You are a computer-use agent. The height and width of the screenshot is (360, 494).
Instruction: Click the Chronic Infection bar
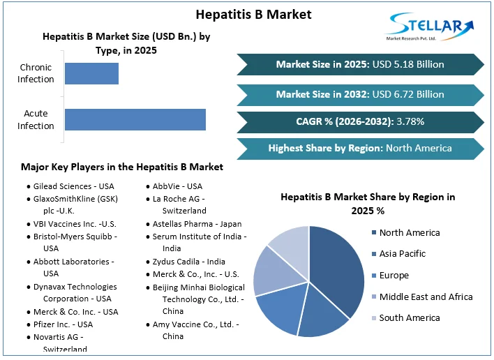pyautogui.click(x=91, y=73)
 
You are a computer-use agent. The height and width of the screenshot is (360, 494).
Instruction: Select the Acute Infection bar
pyautogui.click(x=135, y=119)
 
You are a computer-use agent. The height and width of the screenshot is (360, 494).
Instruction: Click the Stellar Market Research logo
pyautogui.click(x=430, y=27)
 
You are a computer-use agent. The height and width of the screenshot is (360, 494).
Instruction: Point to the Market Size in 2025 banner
pyautogui.click(x=359, y=64)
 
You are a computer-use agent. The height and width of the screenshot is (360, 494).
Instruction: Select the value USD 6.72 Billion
pyautogui.click(x=408, y=93)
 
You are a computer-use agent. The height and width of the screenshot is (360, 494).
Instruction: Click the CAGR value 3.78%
pyautogui.click(x=410, y=121)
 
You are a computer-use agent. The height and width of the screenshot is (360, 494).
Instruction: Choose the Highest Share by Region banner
pyautogui.click(x=359, y=148)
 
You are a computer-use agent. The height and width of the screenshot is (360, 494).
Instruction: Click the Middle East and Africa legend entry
pyautogui.click(x=426, y=297)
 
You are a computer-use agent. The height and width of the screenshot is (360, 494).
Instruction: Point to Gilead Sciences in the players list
pyautogui.click(x=73, y=186)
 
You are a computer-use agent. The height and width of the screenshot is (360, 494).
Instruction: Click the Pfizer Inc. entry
pyautogui.click(x=63, y=324)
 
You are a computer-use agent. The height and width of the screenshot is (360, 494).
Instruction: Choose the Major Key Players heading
pyautogui.click(x=122, y=167)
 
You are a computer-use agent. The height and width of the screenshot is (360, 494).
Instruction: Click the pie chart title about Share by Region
pyautogui.click(x=368, y=203)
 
